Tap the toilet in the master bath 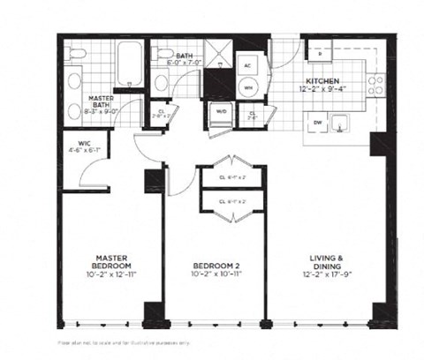point(76,56)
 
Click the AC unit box point(248,66)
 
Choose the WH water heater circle point(248,87)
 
